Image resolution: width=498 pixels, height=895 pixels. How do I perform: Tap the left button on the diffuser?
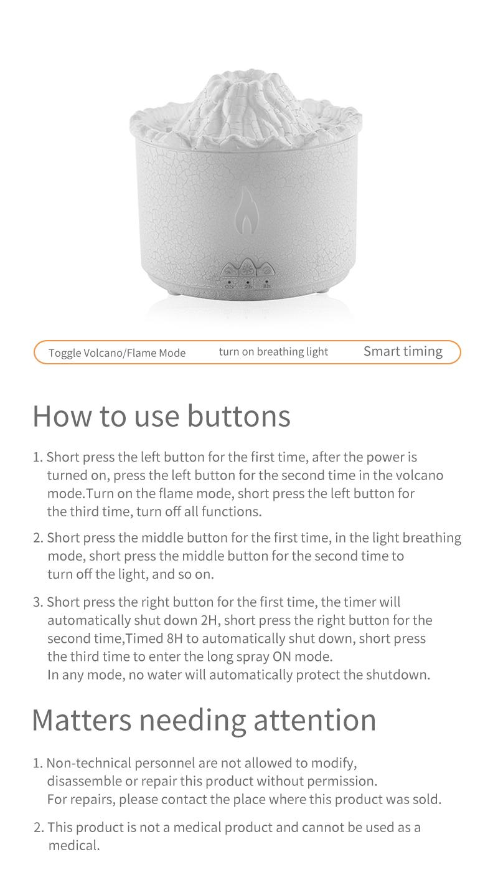click(x=230, y=270)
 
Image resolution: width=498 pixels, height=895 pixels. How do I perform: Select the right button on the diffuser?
click(x=266, y=270)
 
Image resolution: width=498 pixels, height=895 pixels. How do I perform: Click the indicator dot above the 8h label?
click(x=266, y=282)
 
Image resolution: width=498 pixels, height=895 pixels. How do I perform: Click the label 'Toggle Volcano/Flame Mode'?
click(x=117, y=353)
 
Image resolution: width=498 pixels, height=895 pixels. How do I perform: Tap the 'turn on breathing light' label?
click(x=273, y=352)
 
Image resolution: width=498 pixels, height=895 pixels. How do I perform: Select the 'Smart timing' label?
click(x=403, y=351)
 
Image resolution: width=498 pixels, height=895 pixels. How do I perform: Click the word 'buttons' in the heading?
click(x=239, y=416)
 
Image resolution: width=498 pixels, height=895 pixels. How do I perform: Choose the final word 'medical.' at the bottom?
click(x=74, y=846)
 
